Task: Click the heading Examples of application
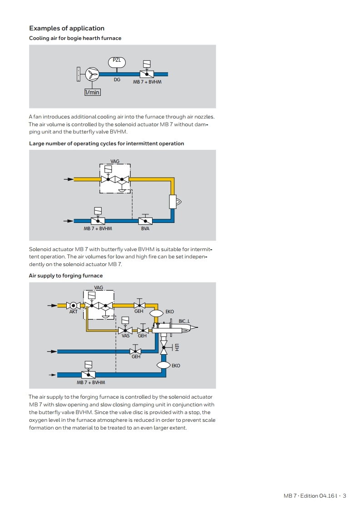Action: coord(67,28)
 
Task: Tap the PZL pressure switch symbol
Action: coord(117,62)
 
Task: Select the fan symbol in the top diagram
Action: coord(92,74)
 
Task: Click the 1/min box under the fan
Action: coord(93,92)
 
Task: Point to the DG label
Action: coord(117,79)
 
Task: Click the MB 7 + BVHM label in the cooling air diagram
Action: coord(147,82)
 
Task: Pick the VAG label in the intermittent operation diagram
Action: coord(115,161)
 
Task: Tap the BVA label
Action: coord(145,228)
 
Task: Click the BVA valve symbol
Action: coord(145,220)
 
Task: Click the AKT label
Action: coord(74,311)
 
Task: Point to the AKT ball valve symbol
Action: coord(74,306)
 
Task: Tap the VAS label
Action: coord(126,336)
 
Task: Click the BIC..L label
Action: coord(184,321)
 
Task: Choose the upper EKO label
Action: coord(170,311)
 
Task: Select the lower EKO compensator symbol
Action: coord(163,365)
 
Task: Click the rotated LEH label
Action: coord(177,347)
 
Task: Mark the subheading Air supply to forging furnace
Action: coord(66,276)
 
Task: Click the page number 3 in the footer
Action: coord(345,496)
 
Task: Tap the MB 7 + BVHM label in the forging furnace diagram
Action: coord(91,382)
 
